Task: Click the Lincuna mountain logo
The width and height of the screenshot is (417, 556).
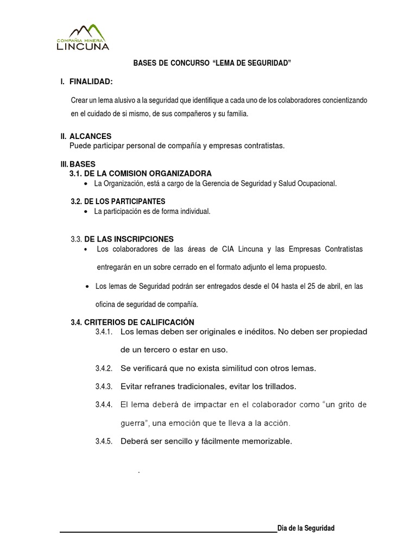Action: tap(83, 37)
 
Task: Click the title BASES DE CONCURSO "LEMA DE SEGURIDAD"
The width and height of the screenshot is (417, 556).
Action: tap(212, 64)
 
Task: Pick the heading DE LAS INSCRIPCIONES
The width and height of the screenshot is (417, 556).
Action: tap(129, 239)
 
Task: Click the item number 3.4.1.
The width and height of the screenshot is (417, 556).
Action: tap(103, 331)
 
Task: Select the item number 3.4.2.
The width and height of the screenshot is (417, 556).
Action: tap(103, 369)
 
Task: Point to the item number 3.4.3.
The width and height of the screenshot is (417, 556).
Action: tap(103, 387)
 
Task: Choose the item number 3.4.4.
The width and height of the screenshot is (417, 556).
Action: tap(103, 405)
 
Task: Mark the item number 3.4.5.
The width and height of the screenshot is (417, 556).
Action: tap(103, 441)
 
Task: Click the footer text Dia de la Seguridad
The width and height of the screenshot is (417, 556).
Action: tap(306, 528)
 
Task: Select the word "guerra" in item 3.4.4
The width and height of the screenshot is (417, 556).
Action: tap(132, 423)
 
